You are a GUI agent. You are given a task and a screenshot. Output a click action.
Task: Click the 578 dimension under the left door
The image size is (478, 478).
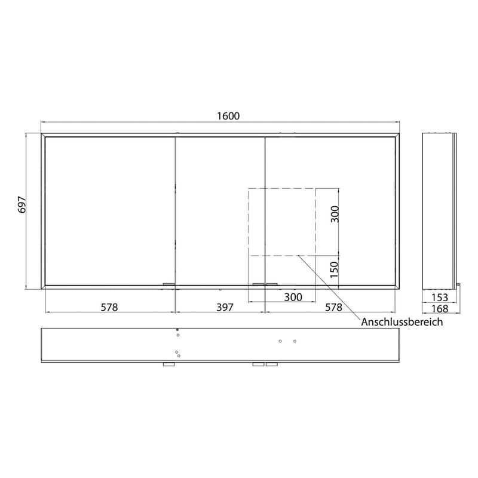pos(109,307)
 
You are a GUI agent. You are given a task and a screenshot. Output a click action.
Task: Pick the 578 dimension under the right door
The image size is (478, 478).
pos(333,307)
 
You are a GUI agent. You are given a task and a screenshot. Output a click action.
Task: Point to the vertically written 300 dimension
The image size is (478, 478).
pos(335,214)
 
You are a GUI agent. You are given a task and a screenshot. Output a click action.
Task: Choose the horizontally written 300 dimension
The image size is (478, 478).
pos(293,297)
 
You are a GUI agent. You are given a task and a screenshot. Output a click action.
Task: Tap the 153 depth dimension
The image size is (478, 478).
pos(439,297)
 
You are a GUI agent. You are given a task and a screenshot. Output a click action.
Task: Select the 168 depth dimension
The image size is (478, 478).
pos(439,308)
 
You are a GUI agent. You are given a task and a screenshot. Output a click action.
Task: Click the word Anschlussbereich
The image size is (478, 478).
pos(402,322)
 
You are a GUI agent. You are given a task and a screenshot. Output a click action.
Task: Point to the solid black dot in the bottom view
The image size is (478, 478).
pos(177,330)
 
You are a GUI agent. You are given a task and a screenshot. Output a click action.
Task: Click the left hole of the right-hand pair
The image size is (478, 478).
pos(281,341)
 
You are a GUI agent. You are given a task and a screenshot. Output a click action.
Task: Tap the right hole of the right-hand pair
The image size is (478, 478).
pos(295,341)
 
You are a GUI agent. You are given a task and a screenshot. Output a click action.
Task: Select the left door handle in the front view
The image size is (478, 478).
pos(169,284)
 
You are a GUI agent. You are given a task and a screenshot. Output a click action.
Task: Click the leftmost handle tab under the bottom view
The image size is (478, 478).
pos(169,364)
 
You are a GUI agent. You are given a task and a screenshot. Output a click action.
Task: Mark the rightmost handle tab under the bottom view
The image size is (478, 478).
pos(272,364)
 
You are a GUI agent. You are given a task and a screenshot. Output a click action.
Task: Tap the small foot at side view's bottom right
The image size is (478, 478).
pos(458,286)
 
